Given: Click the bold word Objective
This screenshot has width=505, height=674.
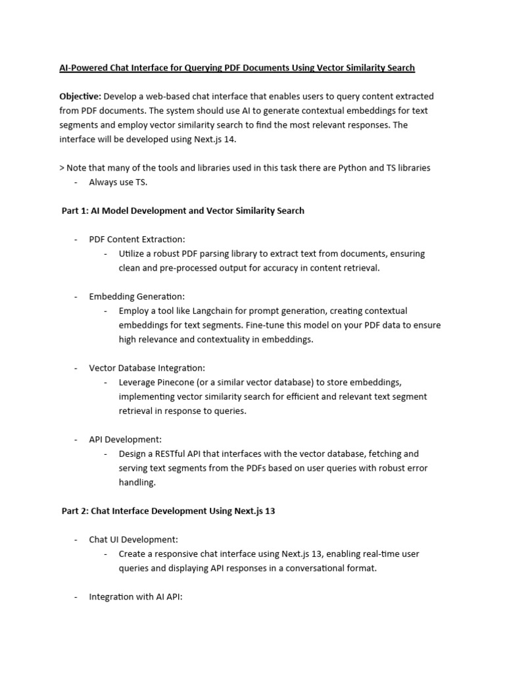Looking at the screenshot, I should tap(80, 97).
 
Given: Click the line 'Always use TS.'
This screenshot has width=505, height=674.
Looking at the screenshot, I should tap(118, 182).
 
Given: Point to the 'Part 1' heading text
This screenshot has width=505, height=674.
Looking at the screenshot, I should tap(183, 211).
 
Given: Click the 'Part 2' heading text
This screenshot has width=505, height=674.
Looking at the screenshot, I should tap(168, 511).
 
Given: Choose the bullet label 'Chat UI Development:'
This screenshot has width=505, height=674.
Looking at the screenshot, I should tap(133, 540).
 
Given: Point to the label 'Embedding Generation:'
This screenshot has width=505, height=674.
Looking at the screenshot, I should tap(137, 297).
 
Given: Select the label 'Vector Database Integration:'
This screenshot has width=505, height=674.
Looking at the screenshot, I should tap(147, 368).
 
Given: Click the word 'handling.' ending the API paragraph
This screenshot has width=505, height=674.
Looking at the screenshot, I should tap(137, 482).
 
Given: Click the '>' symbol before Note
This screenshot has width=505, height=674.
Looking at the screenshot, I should tap(62, 168).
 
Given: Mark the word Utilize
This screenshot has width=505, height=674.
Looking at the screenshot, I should tap(133, 254).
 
